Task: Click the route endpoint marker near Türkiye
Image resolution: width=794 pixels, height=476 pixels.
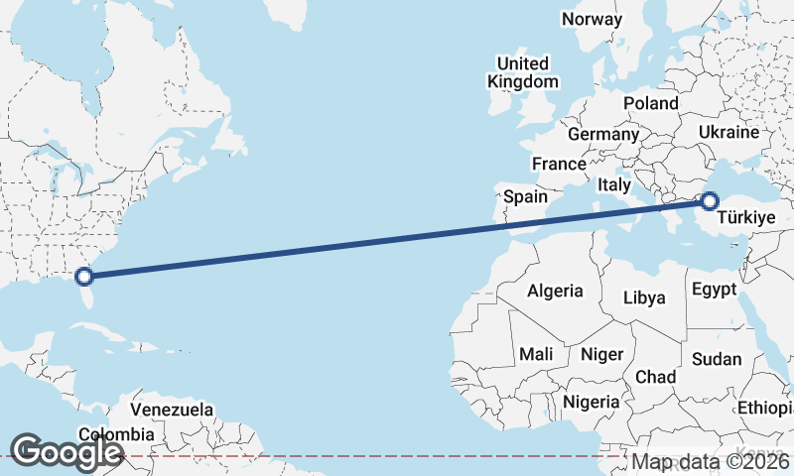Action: click(x=709, y=201)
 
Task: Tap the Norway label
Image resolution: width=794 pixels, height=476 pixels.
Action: click(x=592, y=19)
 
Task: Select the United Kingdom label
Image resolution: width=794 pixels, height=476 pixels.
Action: click(x=523, y=72)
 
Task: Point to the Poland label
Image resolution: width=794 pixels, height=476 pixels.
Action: click(x=650, y=103)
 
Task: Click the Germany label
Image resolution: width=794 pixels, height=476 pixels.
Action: click(x=603, y=134)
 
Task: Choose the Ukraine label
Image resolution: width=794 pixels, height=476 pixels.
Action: click(x=728, y=132)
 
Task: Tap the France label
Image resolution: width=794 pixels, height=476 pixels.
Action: click(x=559, y=164)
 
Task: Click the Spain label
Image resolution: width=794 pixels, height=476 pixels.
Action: click(x=525, y=196)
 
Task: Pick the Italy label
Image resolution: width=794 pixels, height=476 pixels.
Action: click(x=614, y=184)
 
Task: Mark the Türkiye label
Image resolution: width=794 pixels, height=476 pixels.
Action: click(x=745, y=217)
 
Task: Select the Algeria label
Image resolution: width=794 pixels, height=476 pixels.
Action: click(x=555, y=292)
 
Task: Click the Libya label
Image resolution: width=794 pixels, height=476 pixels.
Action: click(x=644, y=297)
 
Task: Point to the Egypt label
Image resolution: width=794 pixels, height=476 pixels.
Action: click(x=714, y=290)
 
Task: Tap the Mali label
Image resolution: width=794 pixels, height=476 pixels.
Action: click(x=536, y=354)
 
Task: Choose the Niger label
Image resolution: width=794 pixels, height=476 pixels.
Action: click(x=601, y=354)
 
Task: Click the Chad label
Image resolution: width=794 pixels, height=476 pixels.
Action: click(x=655, y=378)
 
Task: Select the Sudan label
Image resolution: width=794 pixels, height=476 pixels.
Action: click(x=717, y=359)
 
